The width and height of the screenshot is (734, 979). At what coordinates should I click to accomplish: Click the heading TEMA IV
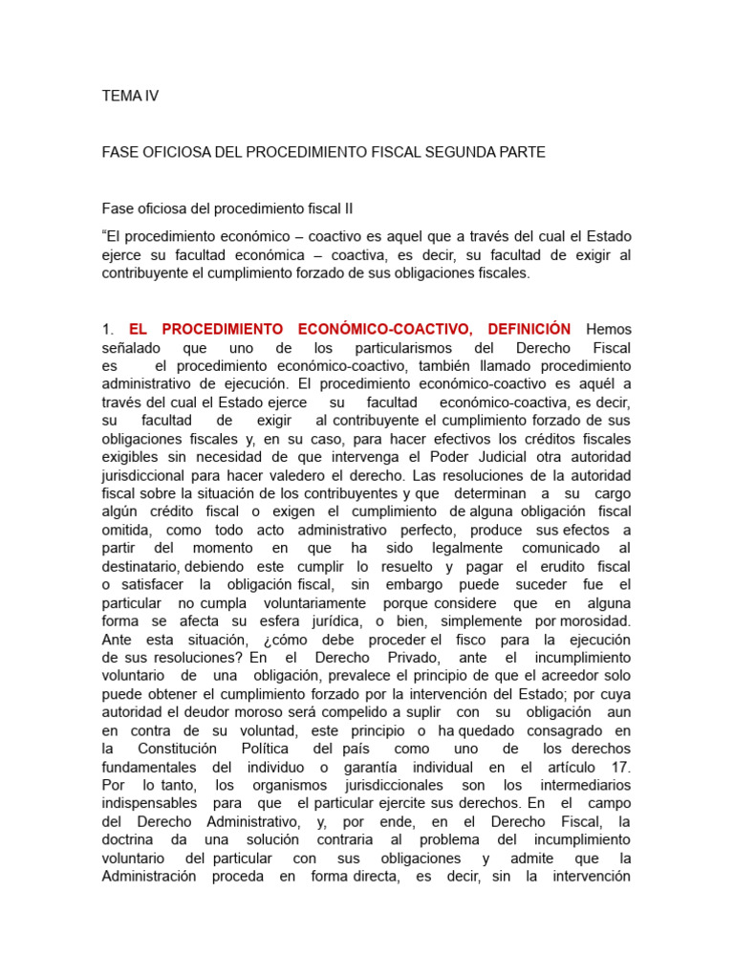[x=130, y=96]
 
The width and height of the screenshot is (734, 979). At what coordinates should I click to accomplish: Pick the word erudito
[x=563, y=566]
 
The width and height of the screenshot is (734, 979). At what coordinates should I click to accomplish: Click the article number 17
[x=620, y=767]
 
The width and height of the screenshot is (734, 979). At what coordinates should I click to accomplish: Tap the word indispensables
[x=149, y=803]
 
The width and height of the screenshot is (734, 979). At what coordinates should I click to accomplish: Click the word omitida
[x=128, y=530]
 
